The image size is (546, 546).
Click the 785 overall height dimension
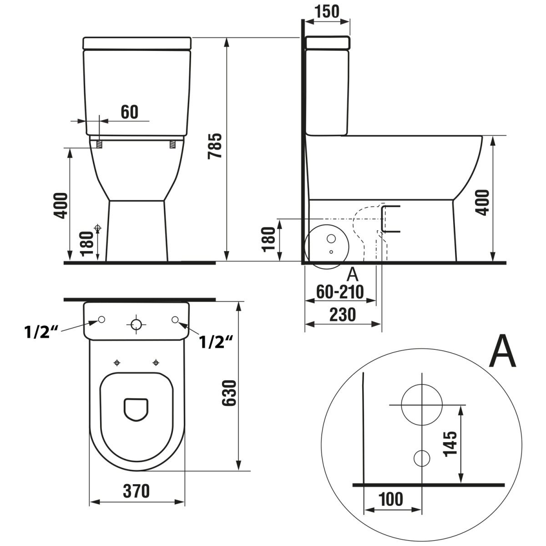pos(215,146)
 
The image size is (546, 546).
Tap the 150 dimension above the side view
pos(327,11)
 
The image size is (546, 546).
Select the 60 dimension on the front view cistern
pos(130,112)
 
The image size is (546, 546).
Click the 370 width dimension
pos(136,491)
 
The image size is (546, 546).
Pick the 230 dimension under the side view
pos(343,314)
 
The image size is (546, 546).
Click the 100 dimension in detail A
pos(391,499)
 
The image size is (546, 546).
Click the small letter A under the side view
pos(352,274)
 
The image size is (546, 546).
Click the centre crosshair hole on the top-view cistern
pos(136,324)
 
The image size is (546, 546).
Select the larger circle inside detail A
pos(422,404)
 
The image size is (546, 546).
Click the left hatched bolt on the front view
pos(99,145)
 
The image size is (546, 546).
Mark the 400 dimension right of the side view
pos(484,202)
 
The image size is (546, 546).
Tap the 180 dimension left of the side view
pos(269,238)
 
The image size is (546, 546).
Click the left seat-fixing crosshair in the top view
pos(117,363)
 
